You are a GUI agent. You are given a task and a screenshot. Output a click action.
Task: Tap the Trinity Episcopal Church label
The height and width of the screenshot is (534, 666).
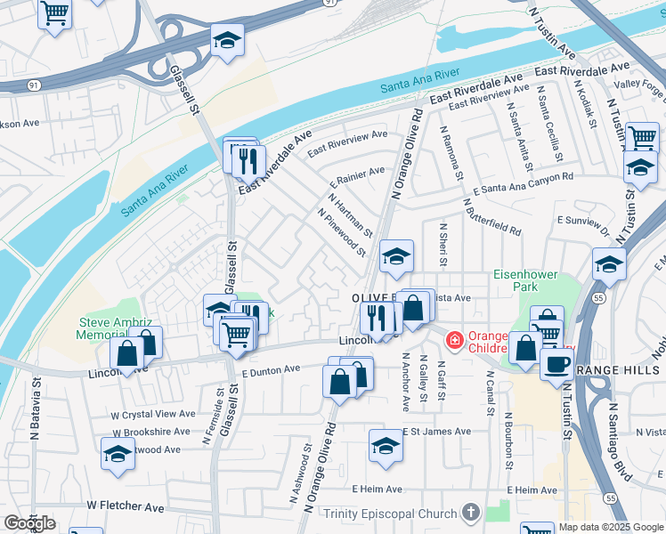[x=390, y=514]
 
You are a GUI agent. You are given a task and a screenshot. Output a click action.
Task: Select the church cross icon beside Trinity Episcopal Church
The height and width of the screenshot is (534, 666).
[x=471, y=513]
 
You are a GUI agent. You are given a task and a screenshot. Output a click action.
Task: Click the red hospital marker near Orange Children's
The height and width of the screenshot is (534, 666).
[x=454, y=340]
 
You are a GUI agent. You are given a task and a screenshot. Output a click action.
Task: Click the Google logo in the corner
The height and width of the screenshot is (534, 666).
[x=29, y=523]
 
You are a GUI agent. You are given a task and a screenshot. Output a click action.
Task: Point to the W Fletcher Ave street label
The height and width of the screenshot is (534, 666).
[x=126, y=506]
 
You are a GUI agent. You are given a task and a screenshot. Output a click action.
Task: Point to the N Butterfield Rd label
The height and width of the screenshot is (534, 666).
[x=491, y=215]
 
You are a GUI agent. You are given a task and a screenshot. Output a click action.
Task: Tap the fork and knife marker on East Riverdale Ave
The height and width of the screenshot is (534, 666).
[x=248, y=161]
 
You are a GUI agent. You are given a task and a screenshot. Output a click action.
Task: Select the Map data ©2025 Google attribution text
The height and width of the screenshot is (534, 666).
[x=611, y=527]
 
